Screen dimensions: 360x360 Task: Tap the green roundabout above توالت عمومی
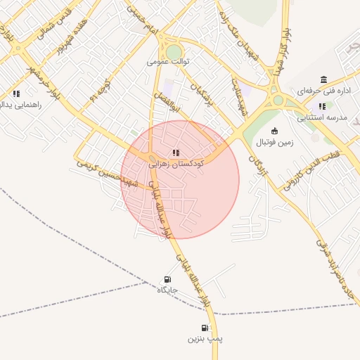173,51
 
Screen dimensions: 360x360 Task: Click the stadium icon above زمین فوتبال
274,131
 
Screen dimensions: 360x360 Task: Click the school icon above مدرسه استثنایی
322,106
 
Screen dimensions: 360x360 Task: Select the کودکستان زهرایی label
176,162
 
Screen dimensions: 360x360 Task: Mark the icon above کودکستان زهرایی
176,151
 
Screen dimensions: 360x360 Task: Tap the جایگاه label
167,290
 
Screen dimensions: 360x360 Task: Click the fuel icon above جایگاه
167,279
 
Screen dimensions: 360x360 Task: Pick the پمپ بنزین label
205,339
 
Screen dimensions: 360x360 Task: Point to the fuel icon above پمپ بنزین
205,328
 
